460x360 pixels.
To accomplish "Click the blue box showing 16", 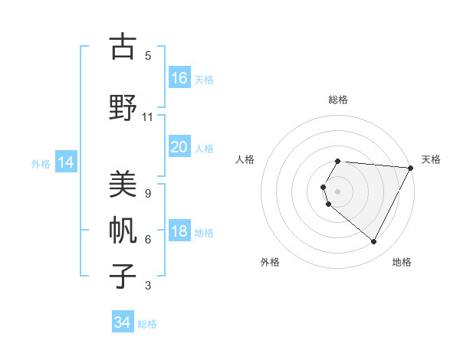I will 179,77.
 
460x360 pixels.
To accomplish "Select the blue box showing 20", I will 179,146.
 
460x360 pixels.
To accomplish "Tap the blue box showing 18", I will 179,232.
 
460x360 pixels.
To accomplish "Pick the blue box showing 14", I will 65,162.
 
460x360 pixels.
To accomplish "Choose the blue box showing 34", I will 123,322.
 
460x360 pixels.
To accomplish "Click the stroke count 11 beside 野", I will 147,117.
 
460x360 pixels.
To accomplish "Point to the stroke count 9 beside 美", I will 147,193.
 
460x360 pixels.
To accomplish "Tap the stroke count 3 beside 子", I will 147,286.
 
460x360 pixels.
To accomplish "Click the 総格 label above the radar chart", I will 338,100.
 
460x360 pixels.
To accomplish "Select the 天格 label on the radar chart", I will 431,159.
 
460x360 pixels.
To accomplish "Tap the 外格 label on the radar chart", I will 270,262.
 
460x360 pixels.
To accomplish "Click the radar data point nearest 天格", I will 411,168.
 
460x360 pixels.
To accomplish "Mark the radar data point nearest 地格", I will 374,241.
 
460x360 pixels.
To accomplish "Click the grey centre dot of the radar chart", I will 338,191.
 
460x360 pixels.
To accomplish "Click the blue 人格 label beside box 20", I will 204,148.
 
